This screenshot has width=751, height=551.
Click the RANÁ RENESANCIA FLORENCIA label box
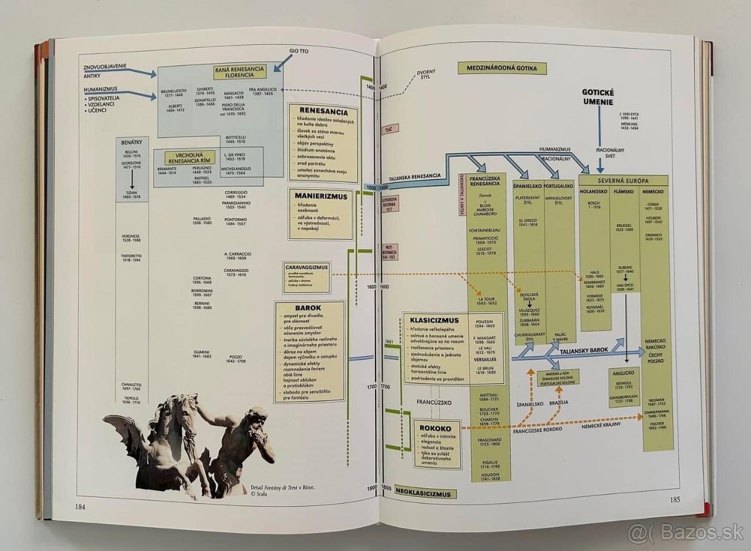point(240,72)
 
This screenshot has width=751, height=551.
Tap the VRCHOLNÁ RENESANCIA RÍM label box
point(189,157)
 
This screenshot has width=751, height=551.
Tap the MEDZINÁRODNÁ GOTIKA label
point(502,69)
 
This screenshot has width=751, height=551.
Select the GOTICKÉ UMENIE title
point(598,97)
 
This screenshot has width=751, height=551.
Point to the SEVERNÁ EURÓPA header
point(623,181)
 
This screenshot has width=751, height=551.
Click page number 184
point(80,507)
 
